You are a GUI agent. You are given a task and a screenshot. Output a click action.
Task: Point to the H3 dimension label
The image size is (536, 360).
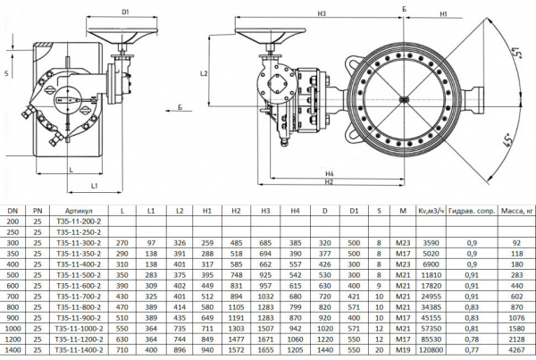(321, 13)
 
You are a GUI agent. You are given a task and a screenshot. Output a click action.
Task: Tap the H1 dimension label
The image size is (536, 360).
(443, 13)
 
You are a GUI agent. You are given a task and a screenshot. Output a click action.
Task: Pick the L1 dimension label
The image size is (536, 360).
(95, 184)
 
